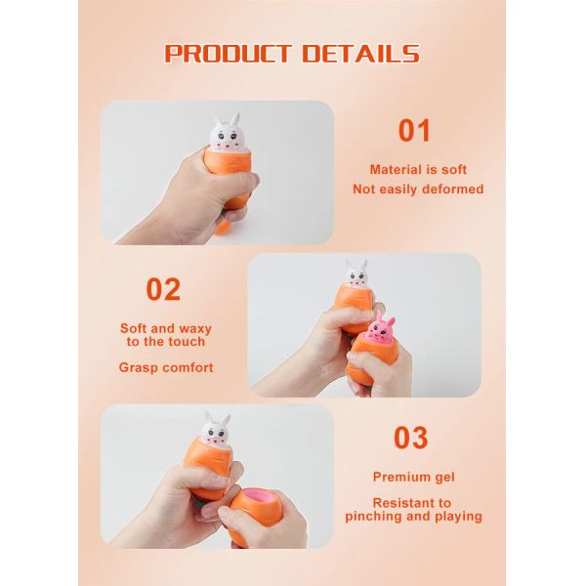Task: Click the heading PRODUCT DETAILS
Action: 292,53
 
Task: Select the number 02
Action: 163,289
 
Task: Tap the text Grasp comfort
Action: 166,368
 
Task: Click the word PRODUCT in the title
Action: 226,53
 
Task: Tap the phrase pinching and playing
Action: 426,516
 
